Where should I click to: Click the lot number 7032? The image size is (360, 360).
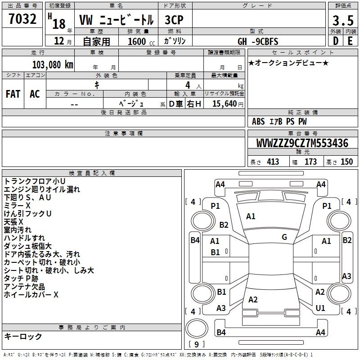pos(22,19)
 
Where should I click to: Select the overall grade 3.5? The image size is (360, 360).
pos(343,20)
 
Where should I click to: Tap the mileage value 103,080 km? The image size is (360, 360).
pos(53,65)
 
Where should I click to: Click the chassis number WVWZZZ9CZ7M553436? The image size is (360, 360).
pos(302,143)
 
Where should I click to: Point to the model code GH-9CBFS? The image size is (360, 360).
pos(258,41)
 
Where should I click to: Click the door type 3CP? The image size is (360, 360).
pos(174,20)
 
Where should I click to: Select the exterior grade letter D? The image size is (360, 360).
pos(335,41)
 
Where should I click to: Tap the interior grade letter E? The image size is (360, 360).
pos(350,41)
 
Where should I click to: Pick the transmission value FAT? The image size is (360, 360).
pos(13,94)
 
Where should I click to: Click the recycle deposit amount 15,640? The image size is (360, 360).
pos(225,103)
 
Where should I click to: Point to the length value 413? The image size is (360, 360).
pos(273,162)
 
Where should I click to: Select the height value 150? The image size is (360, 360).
pos(346,162)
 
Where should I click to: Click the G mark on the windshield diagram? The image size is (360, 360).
pos(284,237)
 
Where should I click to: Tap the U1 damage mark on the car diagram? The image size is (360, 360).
pos(320,308)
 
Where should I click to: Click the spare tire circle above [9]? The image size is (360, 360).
pos(197,328)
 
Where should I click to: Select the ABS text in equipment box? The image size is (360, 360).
pos(258,121)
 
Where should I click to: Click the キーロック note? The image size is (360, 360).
pos(23,336)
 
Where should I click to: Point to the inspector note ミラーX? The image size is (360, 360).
pos(17,205)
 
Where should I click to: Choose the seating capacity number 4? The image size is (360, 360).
pos(188,85)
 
